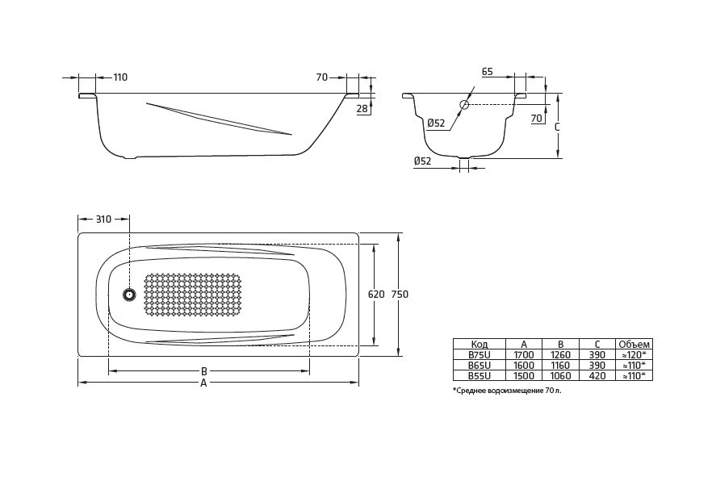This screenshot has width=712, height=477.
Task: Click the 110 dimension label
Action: tap(120, 77)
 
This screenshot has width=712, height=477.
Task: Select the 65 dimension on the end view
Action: tap(487, 72)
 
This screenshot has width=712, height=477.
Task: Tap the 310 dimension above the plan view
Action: tap(103, 219)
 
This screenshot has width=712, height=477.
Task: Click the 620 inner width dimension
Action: tap(375, 295)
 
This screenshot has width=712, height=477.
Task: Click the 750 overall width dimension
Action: tap(400, 295)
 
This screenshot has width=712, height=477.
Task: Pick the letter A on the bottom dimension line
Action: tap(203, 383)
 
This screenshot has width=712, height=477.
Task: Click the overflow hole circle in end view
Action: tap(464, 105)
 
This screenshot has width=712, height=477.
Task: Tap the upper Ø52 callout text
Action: tap(435, 123)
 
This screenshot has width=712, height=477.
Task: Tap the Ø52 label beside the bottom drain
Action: tap(422, 161)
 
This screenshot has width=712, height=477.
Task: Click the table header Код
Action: tap(479, 344)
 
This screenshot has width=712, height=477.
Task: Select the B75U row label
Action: tap(479, 354)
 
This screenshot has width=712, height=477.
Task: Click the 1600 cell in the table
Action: tap(524, 365)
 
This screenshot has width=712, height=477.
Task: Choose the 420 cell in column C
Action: tap(597, 375)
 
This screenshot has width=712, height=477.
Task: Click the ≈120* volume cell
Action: tap(633, 354)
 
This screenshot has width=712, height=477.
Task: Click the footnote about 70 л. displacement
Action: tap(506, 390)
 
